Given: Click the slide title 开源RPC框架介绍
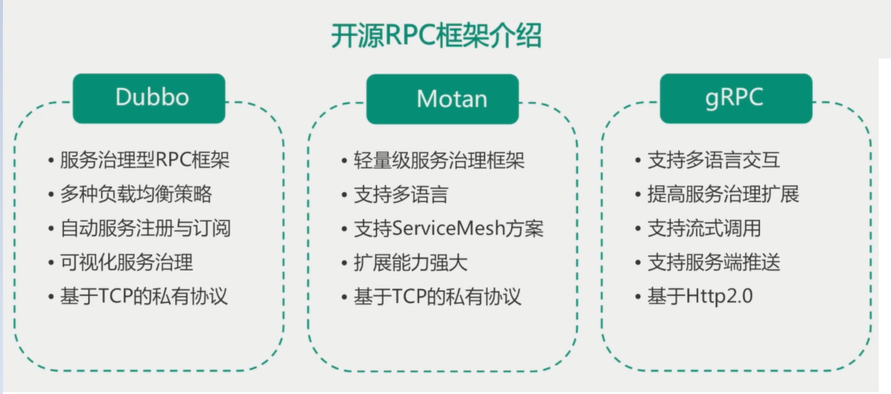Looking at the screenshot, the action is tap(436, 36).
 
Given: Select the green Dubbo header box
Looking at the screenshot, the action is tap(149, 98).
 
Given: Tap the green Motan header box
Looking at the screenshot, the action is tap(443, 99).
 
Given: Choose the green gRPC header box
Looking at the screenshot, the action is tap(736, 98).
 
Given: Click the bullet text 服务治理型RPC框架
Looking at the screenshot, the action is tap(145, 160).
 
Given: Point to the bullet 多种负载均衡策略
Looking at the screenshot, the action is tap(136, 194).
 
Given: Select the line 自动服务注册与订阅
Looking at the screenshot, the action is tap(145, 228).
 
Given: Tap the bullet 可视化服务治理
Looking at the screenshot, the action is tap(127, 262).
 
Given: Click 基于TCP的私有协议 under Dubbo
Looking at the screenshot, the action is tap(144, 296).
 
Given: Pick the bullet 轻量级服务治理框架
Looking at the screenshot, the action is tap(439, 160).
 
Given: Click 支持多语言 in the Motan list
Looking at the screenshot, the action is tap(401, 194).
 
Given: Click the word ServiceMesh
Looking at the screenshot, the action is tap(448, 228).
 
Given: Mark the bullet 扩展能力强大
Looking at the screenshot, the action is tap(410, 262).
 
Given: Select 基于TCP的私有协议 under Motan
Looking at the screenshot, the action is tap(437, 297).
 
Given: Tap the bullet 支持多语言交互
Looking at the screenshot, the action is tap(713, 160).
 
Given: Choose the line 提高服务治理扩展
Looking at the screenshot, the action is tap(723, 194).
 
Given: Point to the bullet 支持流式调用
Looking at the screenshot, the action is tap(704, 228).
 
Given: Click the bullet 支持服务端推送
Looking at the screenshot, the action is tap(713, 262).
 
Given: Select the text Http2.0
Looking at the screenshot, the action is tap(719, 296).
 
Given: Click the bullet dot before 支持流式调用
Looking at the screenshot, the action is tap(638, 229).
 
